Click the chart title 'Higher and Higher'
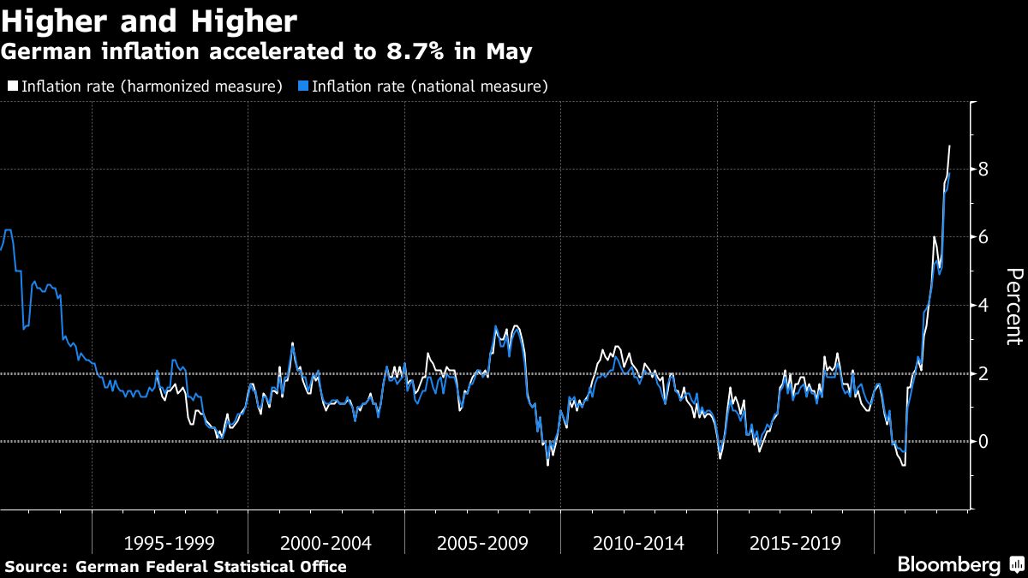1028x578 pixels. point(149,21)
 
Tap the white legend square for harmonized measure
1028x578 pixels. point(13,86)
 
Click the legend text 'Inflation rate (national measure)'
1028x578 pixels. point(429,86)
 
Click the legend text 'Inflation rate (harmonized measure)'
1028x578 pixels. point(152,86)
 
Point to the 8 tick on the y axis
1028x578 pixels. point(983,170)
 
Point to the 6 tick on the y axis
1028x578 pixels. point(983,237)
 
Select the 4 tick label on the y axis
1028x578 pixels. point(983,306)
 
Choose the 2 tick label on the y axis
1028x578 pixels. point(983,373)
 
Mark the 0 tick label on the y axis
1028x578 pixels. point(983,441)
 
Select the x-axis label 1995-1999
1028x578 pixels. point(169,543)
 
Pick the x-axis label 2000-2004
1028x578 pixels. point(326,543)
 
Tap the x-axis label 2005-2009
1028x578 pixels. point(481,543)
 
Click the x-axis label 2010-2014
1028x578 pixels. point(638,543)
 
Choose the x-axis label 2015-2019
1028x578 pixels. point(794,543)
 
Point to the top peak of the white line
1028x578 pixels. point(949,146)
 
